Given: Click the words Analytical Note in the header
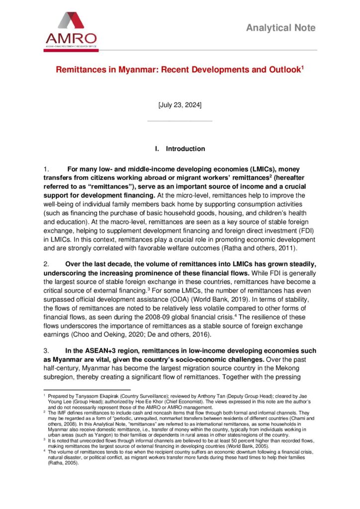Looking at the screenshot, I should (x=281, y=28).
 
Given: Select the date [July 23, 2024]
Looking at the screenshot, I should (x=180, y=105).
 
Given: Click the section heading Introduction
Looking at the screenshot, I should (x=185, y=149).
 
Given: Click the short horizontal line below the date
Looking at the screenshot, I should (x=180, y=120).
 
